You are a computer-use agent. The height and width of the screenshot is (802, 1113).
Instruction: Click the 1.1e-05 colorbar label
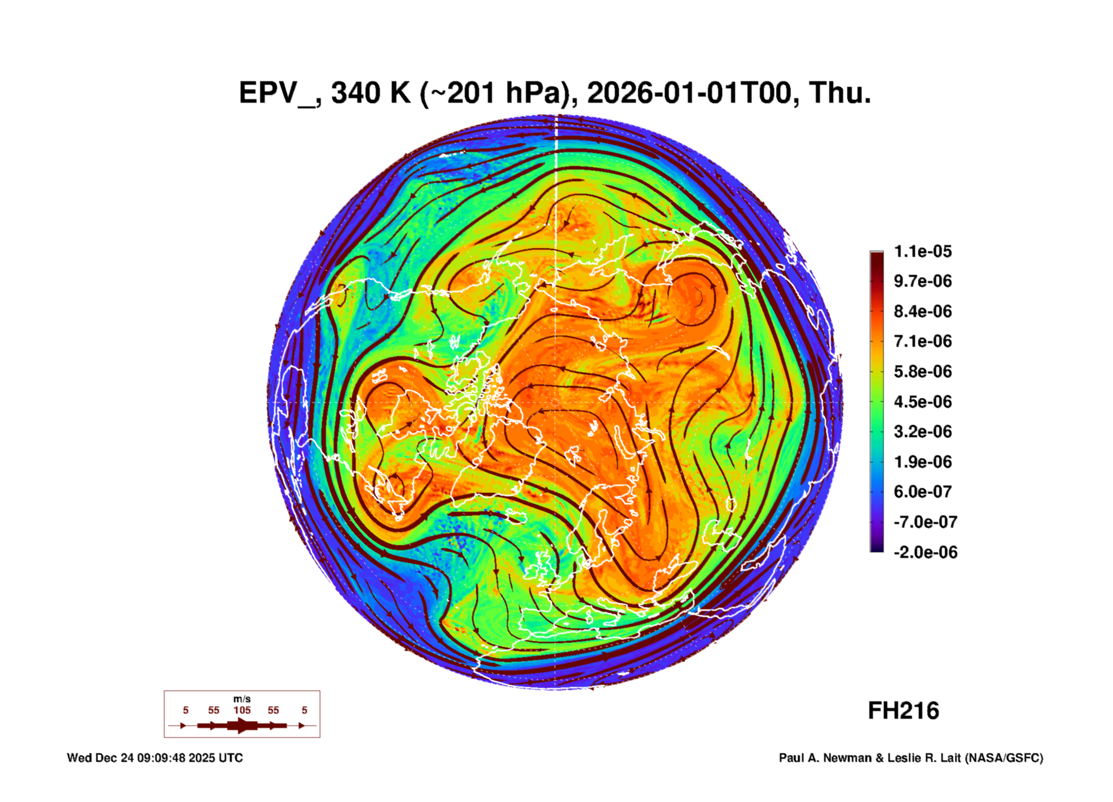(x=922, y=251)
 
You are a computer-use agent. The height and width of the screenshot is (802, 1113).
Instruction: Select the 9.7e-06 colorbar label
(x=922, y=281)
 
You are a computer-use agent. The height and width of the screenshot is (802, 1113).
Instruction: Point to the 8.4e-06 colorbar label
(x=922, y=311)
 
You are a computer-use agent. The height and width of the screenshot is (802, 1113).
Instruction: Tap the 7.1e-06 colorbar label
(x=922, y=341)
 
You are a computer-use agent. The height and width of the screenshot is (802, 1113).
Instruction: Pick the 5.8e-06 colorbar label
(x=922, y=371)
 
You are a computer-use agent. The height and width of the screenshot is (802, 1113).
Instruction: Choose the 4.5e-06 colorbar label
(x=922, y=402)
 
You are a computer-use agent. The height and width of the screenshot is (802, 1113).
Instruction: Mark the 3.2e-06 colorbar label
(x=922, y=432)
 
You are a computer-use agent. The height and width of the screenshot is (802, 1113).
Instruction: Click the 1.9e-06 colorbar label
(x=922, y=462)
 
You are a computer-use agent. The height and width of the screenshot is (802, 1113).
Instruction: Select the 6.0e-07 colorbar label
(x=922, y=492)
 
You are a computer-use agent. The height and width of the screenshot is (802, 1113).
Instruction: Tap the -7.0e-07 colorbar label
(x=925, y=522)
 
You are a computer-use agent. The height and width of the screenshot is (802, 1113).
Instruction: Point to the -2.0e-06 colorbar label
(x=925, y=552)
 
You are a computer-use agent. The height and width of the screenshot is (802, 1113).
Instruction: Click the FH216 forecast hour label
(x=903, y=711)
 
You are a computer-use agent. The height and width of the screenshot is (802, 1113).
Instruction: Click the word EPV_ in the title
(x=278, y=94)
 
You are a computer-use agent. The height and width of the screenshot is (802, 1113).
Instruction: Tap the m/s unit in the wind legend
(x=242, y=699)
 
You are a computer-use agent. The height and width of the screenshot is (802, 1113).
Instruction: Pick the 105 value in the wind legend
(x=242, y=710)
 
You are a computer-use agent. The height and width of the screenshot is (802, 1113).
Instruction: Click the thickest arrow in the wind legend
(x=243, y=725)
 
